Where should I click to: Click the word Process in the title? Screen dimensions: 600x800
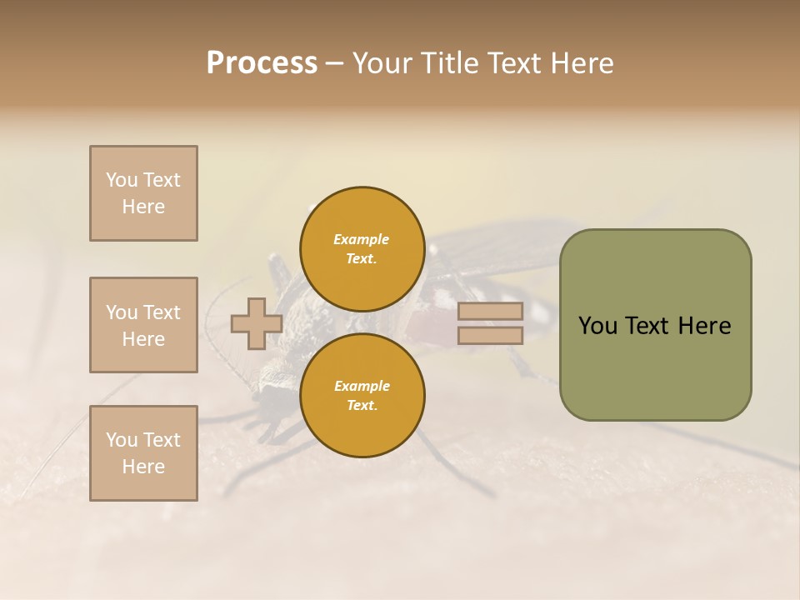(x=262, y=63)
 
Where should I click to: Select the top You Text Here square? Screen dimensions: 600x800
(x=143, y=193)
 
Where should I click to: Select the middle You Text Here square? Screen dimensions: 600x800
(x=143, y=325)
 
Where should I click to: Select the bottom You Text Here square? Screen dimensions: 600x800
(x=143, y=453)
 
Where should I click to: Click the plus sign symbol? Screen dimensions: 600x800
(x=256, y=323)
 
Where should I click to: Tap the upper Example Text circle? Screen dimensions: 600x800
(x=362, y=249)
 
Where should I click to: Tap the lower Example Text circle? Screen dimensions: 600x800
(x=362, y=396)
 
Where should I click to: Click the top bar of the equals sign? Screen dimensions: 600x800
(x=490, y=312)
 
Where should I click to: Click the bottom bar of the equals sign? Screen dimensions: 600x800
(x=490, y=336)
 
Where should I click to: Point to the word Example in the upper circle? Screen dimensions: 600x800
(x=362, y=239)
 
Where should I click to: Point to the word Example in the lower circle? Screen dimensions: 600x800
(x=362, y=386)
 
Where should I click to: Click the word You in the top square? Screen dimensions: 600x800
(x=121, y=180)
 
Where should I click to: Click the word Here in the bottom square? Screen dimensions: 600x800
(x=143, y=467)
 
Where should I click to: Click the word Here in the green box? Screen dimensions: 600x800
(x=704, y=326)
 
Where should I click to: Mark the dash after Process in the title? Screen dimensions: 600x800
(x=334, y=63)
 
